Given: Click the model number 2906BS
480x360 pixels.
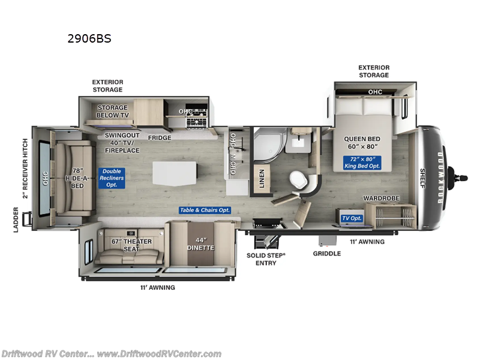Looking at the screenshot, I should coord(90,39).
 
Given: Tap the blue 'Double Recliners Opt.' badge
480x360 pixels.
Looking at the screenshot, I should coord(112,179).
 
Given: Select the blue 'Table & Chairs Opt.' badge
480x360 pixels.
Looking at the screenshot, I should coord(205,210).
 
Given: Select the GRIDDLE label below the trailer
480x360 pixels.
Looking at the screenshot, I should coord(327,253).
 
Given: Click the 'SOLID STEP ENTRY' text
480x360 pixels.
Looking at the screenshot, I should coord(266,259).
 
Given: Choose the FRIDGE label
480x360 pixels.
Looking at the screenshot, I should coord(160,138).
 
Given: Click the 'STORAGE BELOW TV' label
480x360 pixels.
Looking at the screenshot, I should coord(112,112).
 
